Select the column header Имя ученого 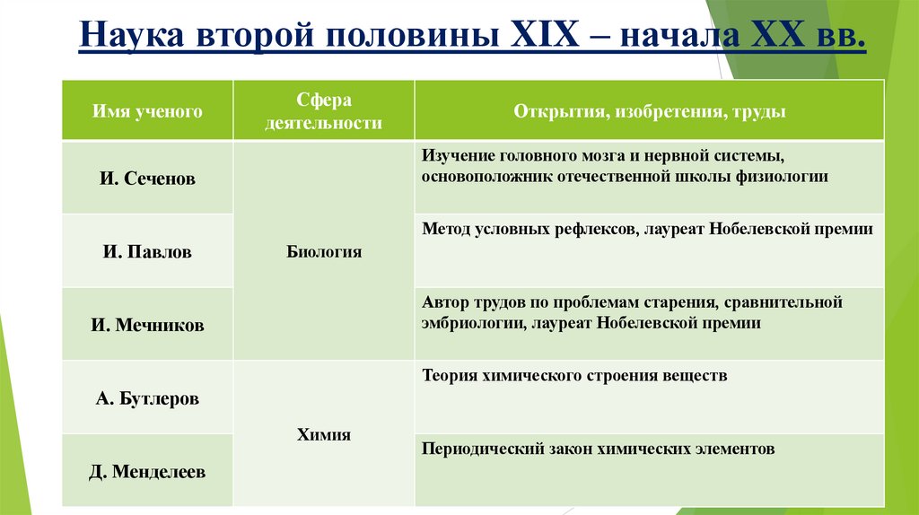147,111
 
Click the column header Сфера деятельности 323,111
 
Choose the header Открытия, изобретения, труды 650,111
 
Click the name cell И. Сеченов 147,179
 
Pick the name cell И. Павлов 147,252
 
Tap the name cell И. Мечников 147,326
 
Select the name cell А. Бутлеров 147,397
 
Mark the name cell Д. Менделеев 147,471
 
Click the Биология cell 324,252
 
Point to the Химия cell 324,435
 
